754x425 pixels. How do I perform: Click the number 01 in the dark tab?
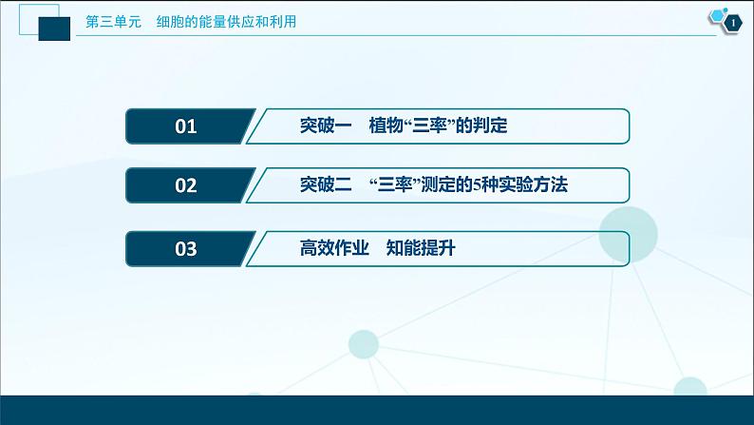coord(185,126)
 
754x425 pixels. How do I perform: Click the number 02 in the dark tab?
coord(185,185)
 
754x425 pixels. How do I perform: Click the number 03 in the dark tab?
coord(185,248)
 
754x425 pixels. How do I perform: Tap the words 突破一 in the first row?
coord(326,126)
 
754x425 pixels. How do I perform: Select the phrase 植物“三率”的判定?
coord(438,126)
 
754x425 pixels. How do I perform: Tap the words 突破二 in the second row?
coord(326,184)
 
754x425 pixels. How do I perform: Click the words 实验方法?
coord(534,184)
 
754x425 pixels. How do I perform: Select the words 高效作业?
coord(334,248)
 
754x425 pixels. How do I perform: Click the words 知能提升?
coord(421,248)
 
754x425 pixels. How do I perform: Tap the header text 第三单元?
coord(114,22)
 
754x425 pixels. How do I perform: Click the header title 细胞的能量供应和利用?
coord(226,22)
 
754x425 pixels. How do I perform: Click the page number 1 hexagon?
coord(733,23)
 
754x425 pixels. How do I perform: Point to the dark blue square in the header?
coord(54,29)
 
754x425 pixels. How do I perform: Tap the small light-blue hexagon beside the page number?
coord(718,15)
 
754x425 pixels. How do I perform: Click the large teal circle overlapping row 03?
coord(628,235)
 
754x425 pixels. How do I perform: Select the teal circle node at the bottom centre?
coord(364,344)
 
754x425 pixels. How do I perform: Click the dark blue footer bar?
coord(377,410)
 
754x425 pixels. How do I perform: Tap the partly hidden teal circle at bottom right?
coord(690,387)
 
